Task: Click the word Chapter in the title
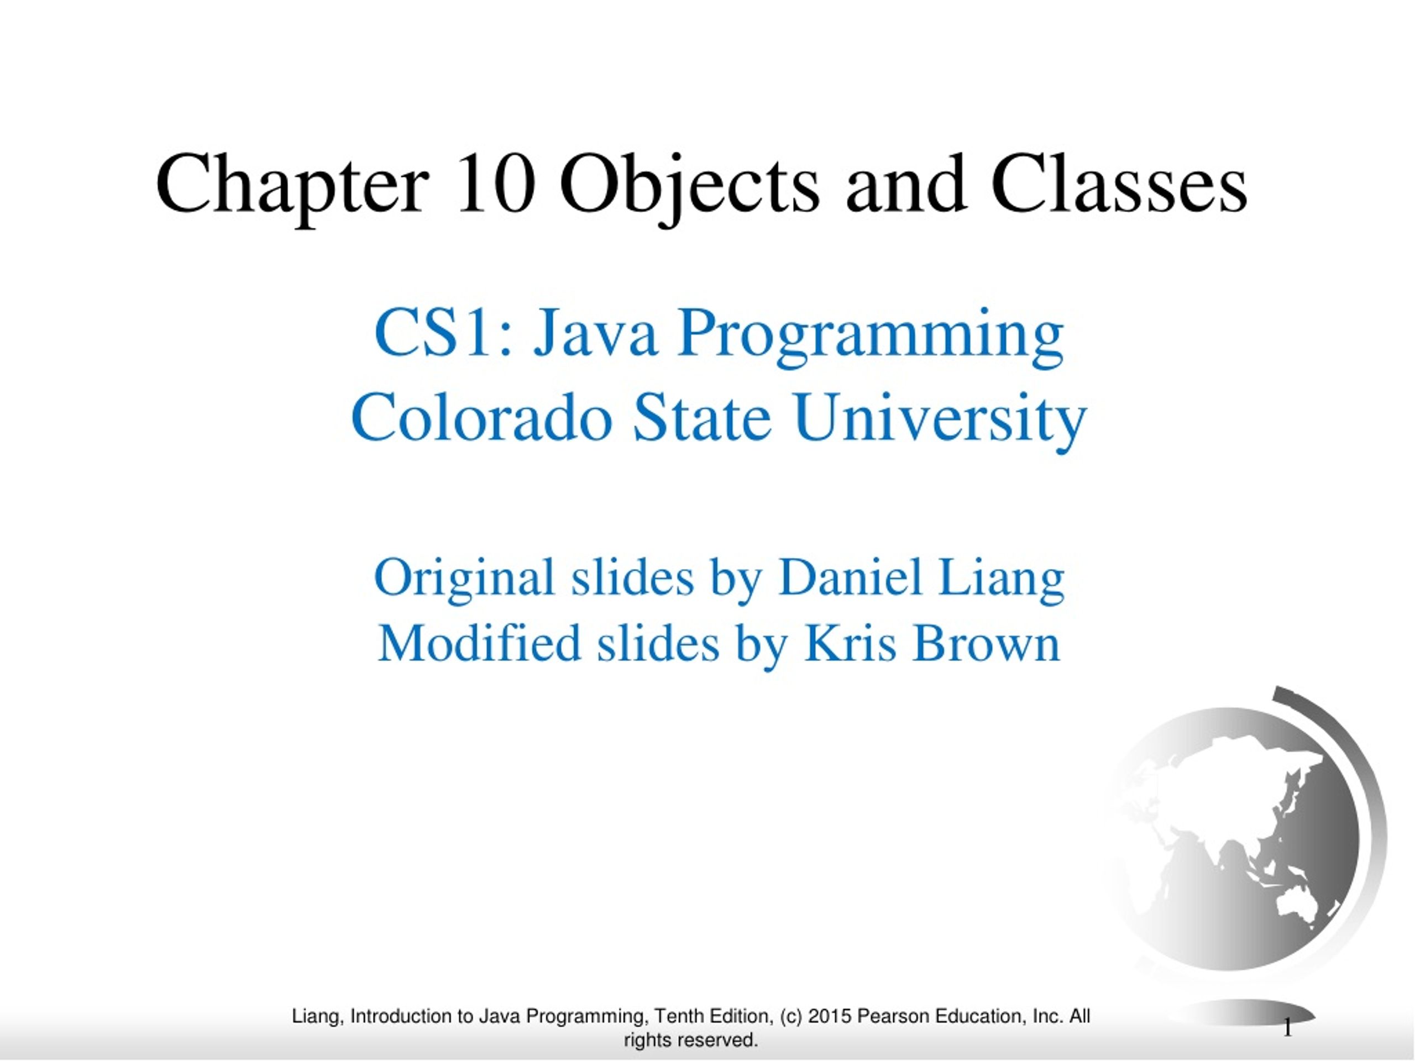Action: coord(292,187)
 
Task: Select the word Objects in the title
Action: coord(689,187)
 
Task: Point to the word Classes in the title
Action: coord(1119,183)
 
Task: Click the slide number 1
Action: coord(1288,1029)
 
